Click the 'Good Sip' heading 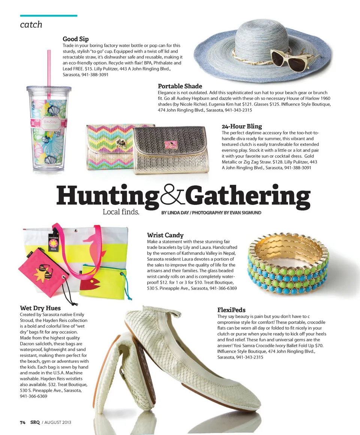coord(75,39)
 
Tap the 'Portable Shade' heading coord(180,86)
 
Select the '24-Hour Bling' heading coord(241,126)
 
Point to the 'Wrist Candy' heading coord(165,235)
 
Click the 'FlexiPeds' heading coord(231,310)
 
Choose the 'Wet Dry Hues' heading coord(40,308)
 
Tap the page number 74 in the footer coord(22,422)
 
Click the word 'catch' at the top coord(31,25)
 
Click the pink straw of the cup coord(49,67)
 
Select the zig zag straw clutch coord(109,146)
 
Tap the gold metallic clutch coord(171,150)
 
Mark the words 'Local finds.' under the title coord(121,212)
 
